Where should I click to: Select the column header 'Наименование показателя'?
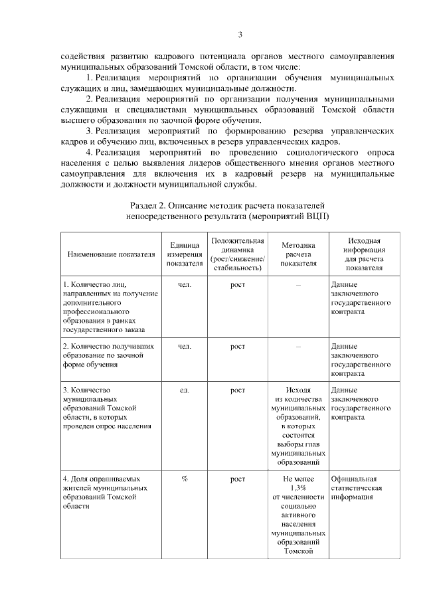[x=111, y=254]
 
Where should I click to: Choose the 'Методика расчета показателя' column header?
[x=298, y=254]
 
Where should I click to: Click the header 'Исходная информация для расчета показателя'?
[x=364, y=254]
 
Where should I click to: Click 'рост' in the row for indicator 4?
[x=238, y=479]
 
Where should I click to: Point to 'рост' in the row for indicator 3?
[x=238, y=390]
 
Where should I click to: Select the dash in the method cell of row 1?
[x=298, y=285]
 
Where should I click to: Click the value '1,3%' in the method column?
[x=298, y=487]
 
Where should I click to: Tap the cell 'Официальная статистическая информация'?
[x=359, y=487]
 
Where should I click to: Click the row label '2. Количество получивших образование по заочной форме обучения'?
[x=110, y=355]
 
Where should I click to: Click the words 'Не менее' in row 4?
[x=298, y=479]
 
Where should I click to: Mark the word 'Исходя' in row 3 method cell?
[x=298, y=390]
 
